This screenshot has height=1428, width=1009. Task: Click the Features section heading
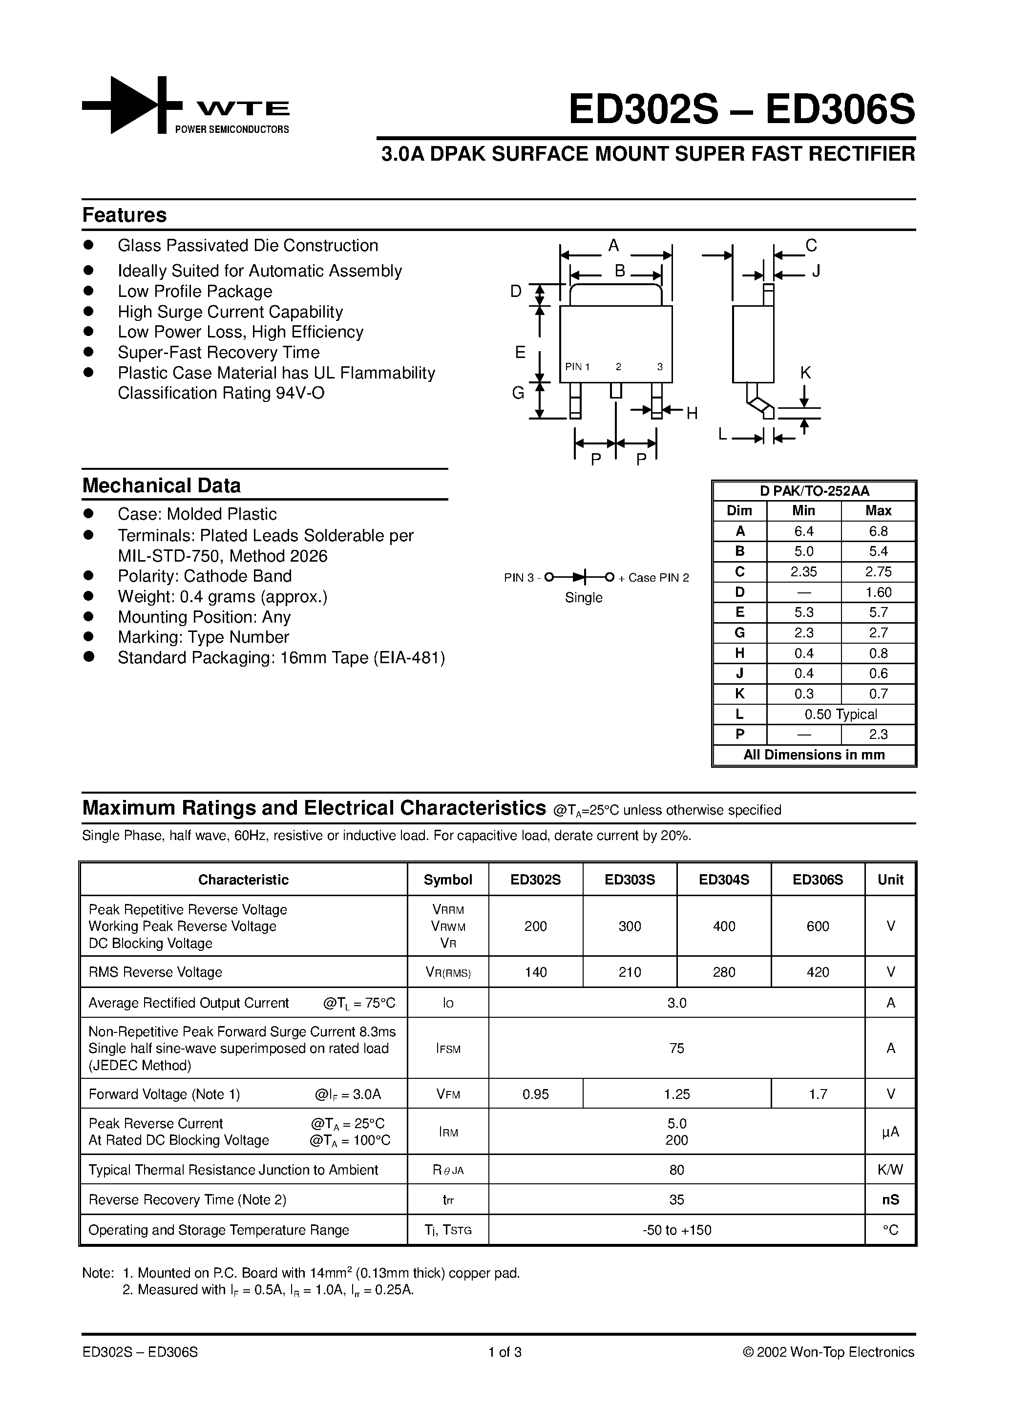click(125, 215)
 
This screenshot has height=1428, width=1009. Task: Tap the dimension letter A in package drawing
click(613, 246)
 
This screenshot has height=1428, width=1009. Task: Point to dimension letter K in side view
click(805, 373)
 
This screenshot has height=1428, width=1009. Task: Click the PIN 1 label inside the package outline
click(577, 367)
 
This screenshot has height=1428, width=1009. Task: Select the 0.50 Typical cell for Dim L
click(841, 714)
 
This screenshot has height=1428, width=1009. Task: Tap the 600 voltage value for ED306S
click(818, 926)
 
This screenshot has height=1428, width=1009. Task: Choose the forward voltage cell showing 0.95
click(536, 1094)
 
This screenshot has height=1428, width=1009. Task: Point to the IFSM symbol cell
click(448, 1049)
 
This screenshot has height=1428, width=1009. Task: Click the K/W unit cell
click(890, 1170)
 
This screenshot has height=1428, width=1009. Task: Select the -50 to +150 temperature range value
click(676, 1230)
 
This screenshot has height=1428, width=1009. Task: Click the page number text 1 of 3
click(504, 1351)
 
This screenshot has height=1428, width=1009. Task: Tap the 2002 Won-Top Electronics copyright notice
click(828, 1351)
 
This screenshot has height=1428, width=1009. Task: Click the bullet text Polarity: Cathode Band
click(205, 576)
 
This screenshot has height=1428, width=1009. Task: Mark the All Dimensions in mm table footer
click(814, 755)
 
